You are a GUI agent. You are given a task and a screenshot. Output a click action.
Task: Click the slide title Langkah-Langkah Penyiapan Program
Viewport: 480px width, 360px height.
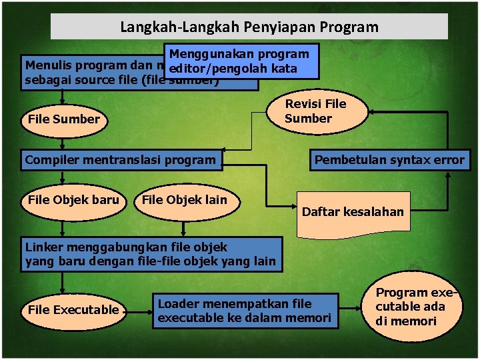coord(249,27)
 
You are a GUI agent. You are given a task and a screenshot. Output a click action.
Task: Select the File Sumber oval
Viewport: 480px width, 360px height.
coord(64,119)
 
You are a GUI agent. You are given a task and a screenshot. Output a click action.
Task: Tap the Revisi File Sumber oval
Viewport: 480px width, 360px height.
coord(316,111)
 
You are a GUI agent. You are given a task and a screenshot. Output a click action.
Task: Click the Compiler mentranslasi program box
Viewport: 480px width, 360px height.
coord(121,160)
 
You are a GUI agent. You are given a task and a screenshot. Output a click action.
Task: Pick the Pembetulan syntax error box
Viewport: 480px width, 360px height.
coord(389,160)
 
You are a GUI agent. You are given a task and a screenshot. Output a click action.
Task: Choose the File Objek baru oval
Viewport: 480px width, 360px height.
coord(73,200)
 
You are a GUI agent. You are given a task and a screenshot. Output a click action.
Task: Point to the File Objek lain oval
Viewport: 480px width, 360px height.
coord(185,200)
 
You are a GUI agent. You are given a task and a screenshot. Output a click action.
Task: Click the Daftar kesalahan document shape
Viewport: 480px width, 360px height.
coord(353,212)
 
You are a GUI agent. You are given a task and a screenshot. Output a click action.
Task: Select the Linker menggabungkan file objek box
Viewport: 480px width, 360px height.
coord(151,254)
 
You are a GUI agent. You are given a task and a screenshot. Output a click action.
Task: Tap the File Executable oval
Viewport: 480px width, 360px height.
coord(73,310)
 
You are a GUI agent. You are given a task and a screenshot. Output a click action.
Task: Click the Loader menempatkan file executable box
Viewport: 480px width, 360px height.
coord(244,311)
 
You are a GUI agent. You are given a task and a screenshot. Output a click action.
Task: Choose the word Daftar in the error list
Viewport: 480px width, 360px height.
coord(320,212)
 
